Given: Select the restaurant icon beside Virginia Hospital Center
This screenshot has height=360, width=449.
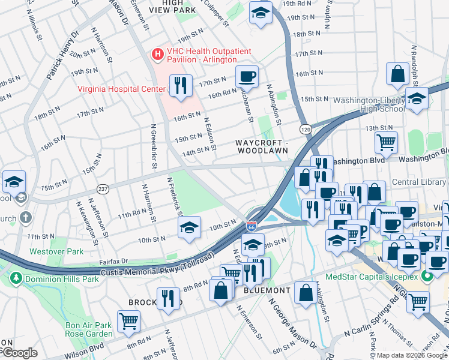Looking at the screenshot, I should coord(180,85).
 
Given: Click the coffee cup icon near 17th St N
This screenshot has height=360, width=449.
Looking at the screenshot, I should coord(247,76).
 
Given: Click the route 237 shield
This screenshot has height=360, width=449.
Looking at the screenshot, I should coord(103,188).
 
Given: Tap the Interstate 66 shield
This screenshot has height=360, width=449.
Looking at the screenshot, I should coord(252,227).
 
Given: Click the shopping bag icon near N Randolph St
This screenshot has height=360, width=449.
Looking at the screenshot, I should coord(398,74).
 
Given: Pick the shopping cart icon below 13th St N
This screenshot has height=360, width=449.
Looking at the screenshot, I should coord(385,142).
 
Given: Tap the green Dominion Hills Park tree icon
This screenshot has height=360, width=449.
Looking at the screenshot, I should coord(14,278).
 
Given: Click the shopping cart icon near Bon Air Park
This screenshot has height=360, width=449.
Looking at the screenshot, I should coord(129,321).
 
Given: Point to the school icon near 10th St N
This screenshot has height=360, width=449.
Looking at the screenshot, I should coord(189,227).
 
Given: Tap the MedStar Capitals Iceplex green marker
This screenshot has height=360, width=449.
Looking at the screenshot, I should coord(427,277).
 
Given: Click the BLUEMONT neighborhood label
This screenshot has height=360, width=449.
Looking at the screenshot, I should coord(268,290).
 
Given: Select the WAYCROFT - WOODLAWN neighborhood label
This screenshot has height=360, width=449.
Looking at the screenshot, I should coord(262,146).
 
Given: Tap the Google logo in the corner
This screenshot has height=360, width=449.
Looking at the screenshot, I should coord(19,353).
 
